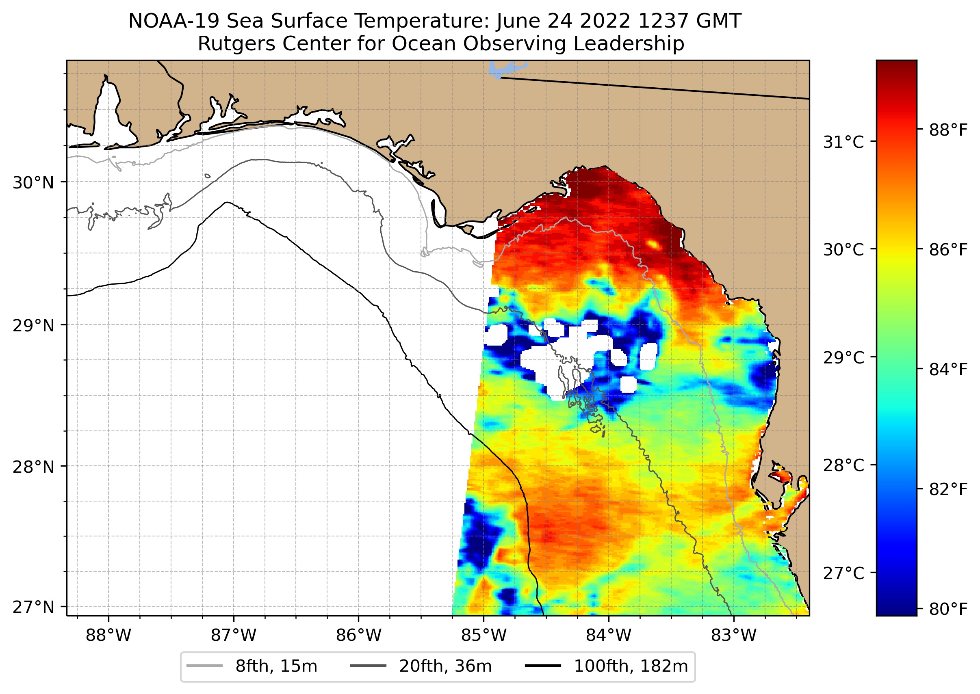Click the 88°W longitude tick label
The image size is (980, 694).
108,636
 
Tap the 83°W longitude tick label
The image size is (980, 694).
734,636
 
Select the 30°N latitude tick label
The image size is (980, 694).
33,183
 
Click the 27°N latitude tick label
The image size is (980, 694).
33,607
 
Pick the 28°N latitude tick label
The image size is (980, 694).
33,467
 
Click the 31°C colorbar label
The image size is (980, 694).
843,142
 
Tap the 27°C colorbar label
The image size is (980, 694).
843,573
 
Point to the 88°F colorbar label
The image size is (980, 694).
948,130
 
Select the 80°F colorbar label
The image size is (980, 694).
948,609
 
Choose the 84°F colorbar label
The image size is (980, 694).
948,369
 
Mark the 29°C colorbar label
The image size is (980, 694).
843,357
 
